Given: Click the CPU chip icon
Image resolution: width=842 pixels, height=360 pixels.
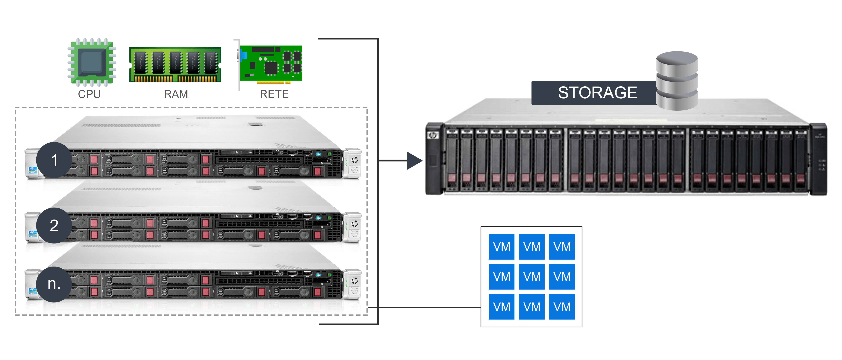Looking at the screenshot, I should (92, 62).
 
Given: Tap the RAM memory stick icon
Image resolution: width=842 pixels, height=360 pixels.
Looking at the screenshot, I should (175, 65).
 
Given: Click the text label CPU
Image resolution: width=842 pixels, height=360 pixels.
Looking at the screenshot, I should (89, 94).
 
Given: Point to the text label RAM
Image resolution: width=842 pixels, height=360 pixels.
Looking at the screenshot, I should (176, 94).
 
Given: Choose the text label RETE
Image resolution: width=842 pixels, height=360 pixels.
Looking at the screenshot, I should (274, 94).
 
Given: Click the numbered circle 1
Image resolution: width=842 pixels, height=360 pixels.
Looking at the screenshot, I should (54, 160).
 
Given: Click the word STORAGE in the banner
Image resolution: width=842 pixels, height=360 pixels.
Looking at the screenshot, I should (597, 93).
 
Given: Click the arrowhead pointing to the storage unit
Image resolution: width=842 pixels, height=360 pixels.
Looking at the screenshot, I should (414, 161).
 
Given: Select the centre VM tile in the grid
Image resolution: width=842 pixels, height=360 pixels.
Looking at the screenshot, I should (531, 277).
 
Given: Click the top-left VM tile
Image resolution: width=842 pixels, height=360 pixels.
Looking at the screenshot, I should (501, 246).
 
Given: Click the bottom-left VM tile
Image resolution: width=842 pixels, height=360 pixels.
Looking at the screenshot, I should (501, 307).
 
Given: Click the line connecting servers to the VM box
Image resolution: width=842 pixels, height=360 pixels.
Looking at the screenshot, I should (425, 307).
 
